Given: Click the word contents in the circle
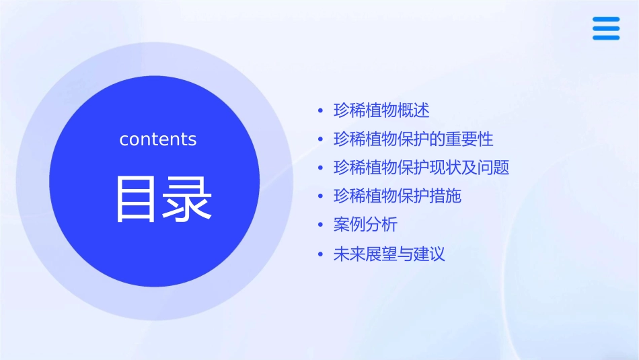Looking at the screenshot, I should click(x=158, y=139).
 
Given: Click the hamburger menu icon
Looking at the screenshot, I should click(x=605, y=28).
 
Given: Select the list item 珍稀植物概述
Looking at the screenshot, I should click(x=381, y=110).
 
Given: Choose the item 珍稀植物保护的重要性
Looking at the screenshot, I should click(x=413, y=139).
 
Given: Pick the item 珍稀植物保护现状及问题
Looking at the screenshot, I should click(x=421, y=168).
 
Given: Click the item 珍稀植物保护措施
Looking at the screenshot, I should click(x=397, y=196).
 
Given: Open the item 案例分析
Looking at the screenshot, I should click(x=365, y=225).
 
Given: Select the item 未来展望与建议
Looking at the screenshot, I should click(x=389, y=254).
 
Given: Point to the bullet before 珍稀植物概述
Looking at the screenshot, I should click(x=320, y=111).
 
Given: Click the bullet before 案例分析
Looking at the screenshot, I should click(x=320, y=225).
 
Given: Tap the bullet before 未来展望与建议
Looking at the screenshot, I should click(x=320, y=255).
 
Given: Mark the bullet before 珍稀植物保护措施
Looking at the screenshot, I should click(x=320, y=197).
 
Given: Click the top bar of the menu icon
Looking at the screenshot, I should click(x=605, y=19).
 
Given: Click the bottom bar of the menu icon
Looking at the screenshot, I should click(x=605, y=38).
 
